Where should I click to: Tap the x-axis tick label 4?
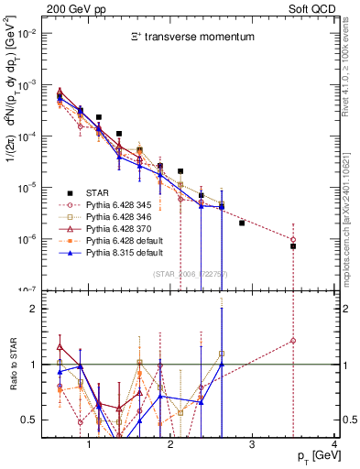[334, 445]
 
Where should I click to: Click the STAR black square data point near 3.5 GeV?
[293, 246]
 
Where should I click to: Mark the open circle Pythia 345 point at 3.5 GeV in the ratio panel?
[293, 341]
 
